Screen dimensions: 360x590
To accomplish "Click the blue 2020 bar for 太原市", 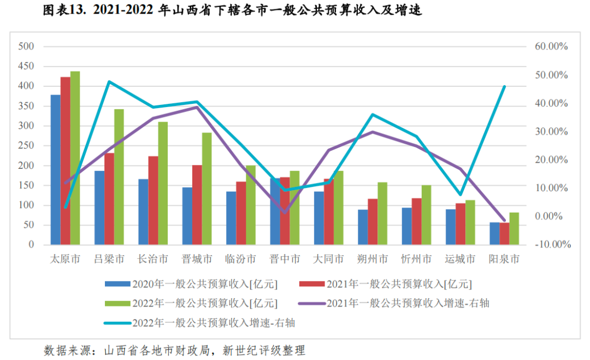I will [55, 170].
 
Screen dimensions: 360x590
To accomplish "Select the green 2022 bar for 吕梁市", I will [119, 177].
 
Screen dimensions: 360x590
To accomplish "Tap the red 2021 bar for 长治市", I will [153, 200].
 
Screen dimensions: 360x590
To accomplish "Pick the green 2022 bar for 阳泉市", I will [514, 228].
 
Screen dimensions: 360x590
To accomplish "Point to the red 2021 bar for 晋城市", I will [197, 205].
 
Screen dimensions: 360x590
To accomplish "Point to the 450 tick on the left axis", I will [26, 66].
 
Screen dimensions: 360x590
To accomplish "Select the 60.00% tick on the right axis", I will [551, 46].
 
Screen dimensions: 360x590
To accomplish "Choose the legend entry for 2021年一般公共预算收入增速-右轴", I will [408, 303].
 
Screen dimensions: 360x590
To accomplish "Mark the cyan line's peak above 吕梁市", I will [109, 82].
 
